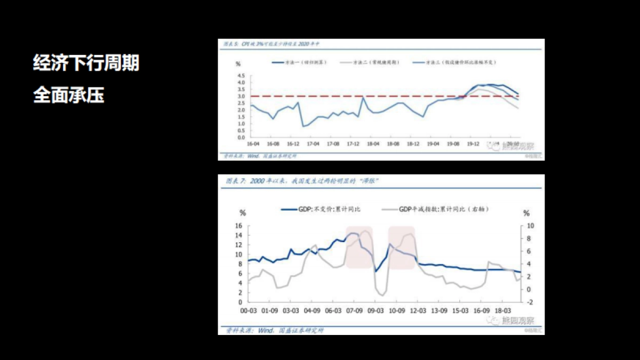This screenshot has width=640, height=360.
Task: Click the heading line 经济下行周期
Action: point(86,63)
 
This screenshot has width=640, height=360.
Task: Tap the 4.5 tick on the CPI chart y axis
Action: point(240,76)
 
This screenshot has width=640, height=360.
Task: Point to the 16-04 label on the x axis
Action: point(253,144)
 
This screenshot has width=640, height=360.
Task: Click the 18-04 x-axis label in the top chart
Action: point(372,144)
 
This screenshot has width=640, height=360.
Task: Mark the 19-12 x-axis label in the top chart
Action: point(472,144)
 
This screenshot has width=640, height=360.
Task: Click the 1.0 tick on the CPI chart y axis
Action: point(240,124)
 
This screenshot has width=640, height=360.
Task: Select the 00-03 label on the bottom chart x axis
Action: point(249,310)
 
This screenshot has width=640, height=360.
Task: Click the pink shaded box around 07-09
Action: point(358,247)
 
